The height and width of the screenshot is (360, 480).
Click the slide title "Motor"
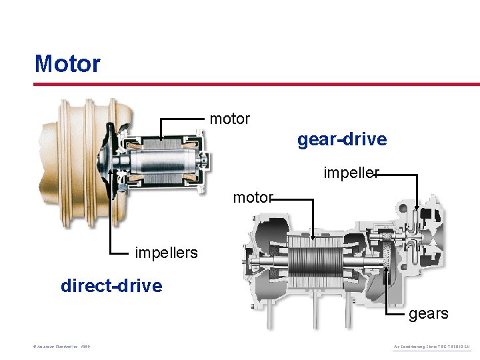(x=67, y=64)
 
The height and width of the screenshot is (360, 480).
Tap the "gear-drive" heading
(x=341, y=139)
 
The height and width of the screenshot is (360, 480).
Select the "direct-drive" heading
(x=111, y=286)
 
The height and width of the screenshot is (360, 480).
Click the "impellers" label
(x=166, y=253)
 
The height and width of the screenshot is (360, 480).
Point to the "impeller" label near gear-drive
(x=351, y=173)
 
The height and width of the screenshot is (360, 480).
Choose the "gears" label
(x=428, y=313)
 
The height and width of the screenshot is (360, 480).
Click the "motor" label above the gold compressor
(x=229, y=119)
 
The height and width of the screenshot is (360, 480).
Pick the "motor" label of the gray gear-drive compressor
(x=253, y=197)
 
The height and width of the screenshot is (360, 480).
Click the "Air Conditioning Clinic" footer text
(x=431, y=347)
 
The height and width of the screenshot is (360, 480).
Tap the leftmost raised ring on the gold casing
(x=63, y=160)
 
